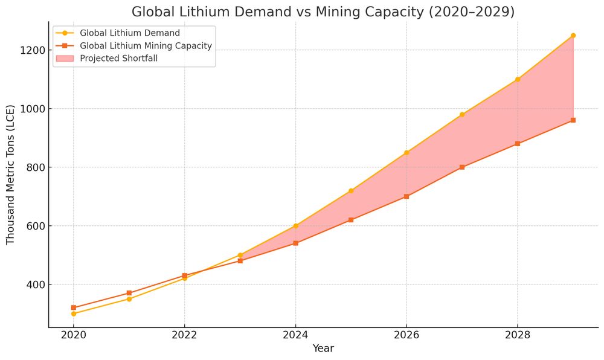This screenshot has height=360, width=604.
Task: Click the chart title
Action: pos(323,12)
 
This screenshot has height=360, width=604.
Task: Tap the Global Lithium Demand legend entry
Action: pos(130,33)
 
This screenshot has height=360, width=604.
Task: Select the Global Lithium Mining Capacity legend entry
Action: pos(145,46)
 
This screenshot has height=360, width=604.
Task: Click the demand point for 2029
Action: pos(573,36)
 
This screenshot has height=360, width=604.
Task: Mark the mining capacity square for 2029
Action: pos(573,120)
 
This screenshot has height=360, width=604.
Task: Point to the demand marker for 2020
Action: pos(74,313)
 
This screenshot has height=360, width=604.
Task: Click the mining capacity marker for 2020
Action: pos(74,307)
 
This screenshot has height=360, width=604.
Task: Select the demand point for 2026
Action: pos(406,153)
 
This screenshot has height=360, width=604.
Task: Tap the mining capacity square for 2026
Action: pos(406,196)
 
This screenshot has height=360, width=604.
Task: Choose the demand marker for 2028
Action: pos(518,79)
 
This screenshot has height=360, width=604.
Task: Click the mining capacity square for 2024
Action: pos(295,243)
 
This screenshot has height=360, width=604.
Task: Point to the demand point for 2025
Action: pos(351,191)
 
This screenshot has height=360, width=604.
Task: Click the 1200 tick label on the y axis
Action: pos(31,50)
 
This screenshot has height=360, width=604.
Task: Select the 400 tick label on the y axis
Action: pos(34,284)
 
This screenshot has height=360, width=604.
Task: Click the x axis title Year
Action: pos(323,349)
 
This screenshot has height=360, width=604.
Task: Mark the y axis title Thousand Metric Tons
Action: pos(11,181)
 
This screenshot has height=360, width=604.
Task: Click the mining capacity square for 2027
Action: pos(462,167)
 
